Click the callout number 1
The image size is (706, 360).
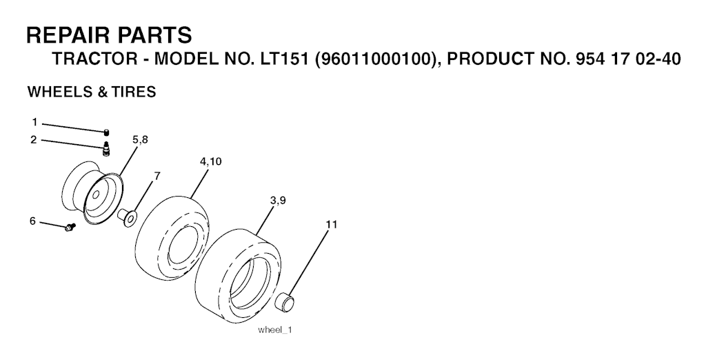click(34, 122)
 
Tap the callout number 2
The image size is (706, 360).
click(34, 140)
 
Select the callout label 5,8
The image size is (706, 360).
click(140, 140)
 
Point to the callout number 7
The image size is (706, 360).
click(157, 176)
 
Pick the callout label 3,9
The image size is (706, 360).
click(278, 201)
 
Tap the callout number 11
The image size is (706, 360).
click(332, 224)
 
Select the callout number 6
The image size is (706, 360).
click(32, 221)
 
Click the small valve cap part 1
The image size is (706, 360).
click(107, 132)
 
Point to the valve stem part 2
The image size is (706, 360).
click(106, 149)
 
